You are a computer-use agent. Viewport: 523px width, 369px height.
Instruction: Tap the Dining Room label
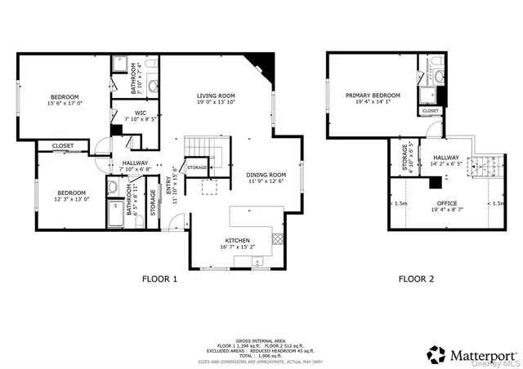266,174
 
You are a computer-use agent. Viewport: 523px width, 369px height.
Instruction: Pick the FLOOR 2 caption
416,278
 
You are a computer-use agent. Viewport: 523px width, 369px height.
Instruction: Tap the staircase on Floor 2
485,167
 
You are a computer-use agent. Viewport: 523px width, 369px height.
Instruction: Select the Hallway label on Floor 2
446,158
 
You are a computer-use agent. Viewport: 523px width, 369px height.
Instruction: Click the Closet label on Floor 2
431,110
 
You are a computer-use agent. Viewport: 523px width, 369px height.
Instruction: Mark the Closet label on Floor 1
63,146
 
